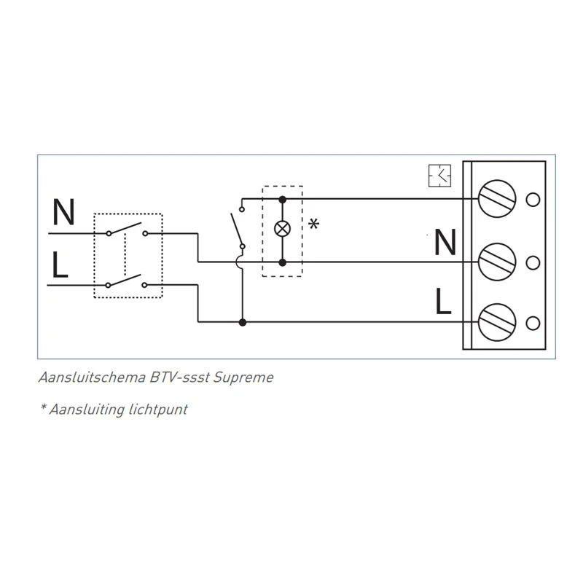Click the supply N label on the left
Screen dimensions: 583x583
pos(64,214)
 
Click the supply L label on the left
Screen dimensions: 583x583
pos(60,266)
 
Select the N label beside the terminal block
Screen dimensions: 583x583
pos(445,243)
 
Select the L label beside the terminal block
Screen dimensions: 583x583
pos(444,300)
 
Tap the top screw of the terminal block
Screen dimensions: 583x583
pos(498,199)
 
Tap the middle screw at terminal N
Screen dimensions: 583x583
pos(498,260)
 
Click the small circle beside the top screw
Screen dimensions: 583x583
pos(532,199)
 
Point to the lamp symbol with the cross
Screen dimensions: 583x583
pos(282,229)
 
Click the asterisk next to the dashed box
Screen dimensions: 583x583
pos(314,224)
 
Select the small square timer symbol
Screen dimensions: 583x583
pos(440,176)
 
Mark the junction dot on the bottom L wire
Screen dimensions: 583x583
pos(242,321)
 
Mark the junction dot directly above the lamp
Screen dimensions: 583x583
pos(282,198)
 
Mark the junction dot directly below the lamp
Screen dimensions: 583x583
pos(282,261)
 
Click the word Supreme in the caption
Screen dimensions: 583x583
pos(248,377)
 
